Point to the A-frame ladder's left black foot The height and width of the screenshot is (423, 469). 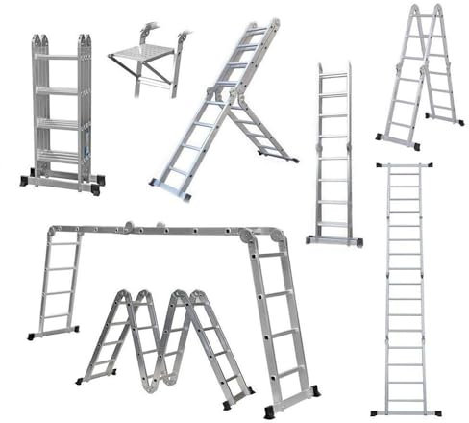coord(385,137)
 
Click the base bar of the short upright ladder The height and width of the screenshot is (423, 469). coord(333,239)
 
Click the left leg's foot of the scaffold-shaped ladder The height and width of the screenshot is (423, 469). coord(36,336)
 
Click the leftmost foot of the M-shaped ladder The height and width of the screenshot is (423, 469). coord(84,378)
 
